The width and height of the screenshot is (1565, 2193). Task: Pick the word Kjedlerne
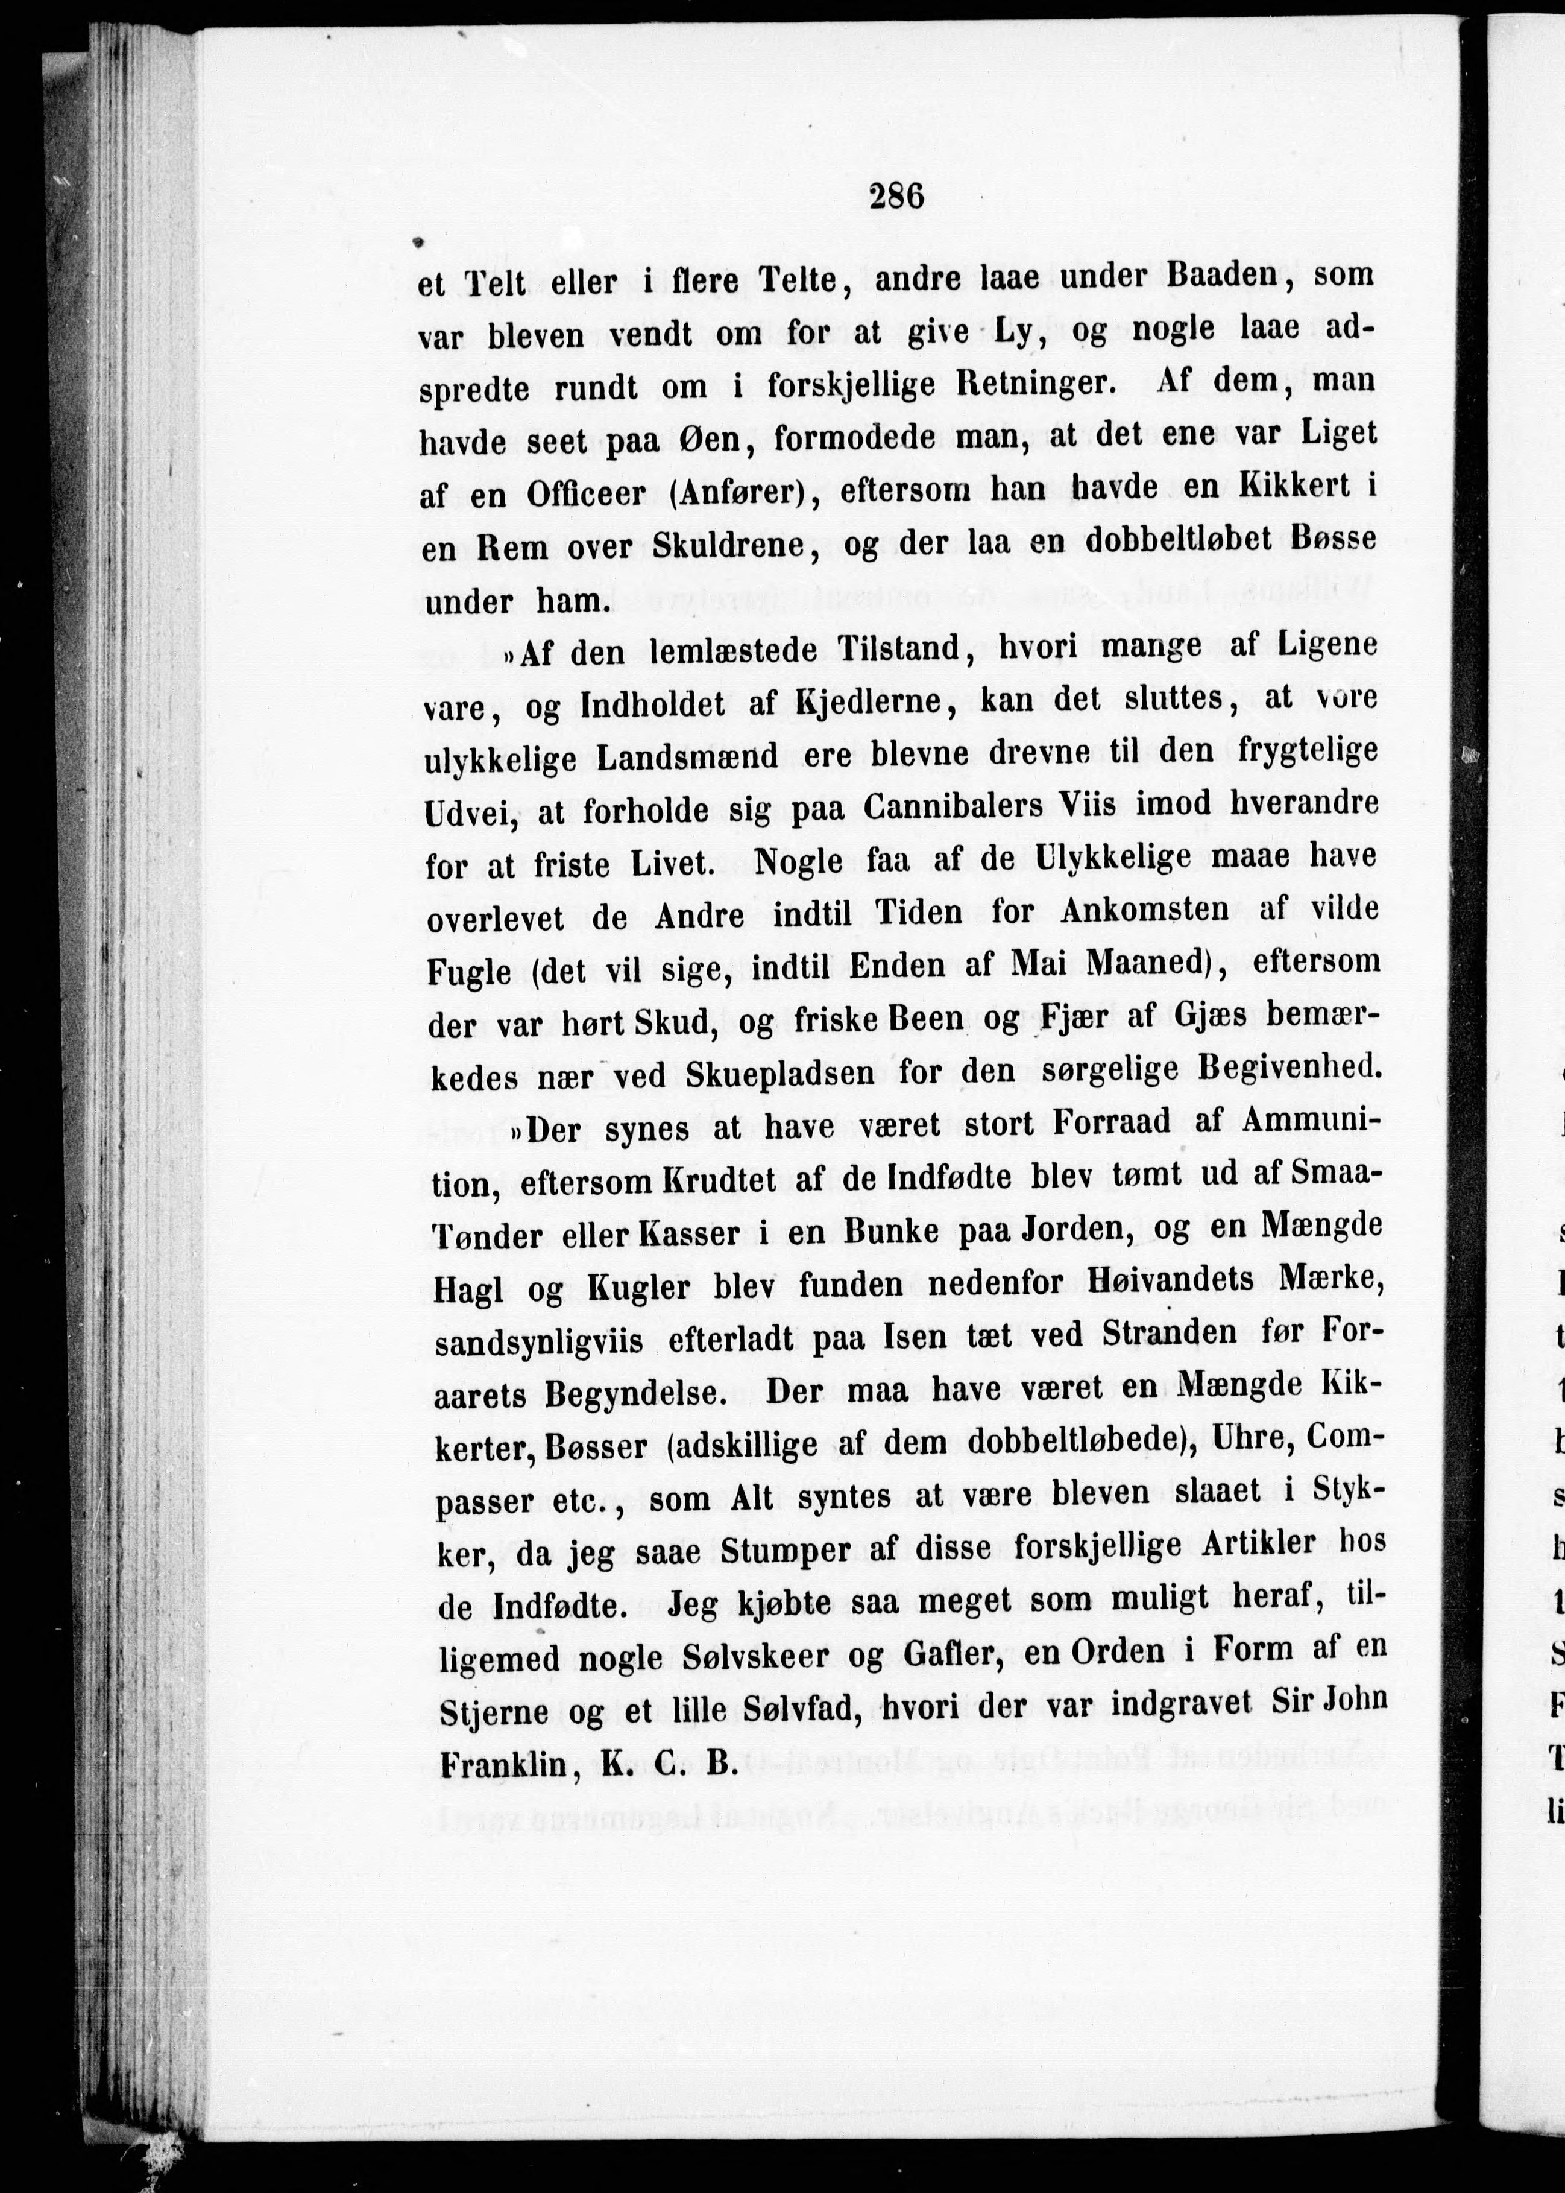click(875, 703)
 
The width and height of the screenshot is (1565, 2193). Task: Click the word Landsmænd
click(687, 757)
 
